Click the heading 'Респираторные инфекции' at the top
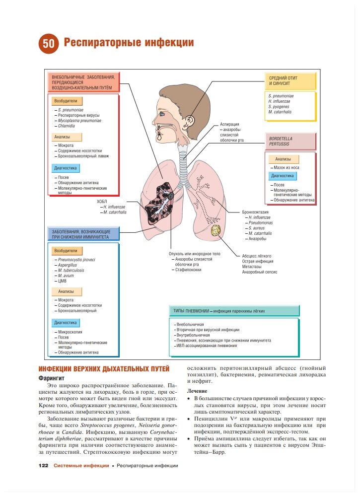point(129,43)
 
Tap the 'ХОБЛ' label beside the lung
point(102,202)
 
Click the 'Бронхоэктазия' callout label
point(256,212)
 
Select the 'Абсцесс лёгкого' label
point(257,256)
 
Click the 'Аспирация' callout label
point(230,124)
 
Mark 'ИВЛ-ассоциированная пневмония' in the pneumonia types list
point(206,346)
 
